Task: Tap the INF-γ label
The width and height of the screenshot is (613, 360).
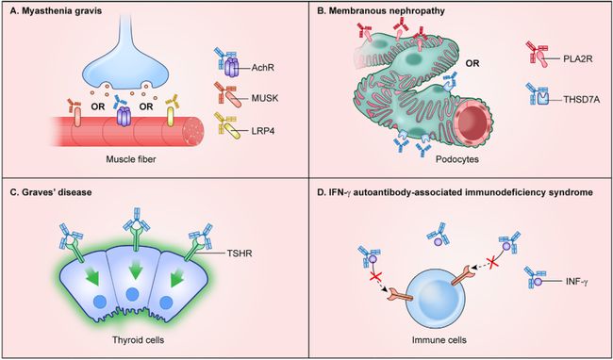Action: (576, 281)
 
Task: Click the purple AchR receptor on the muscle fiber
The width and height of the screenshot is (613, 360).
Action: (124, 117)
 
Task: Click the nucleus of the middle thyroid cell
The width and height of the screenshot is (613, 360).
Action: (133, 294)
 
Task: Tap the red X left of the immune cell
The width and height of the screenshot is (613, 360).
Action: (375, 278)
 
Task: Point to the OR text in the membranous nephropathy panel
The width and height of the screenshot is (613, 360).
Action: (472, 63)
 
